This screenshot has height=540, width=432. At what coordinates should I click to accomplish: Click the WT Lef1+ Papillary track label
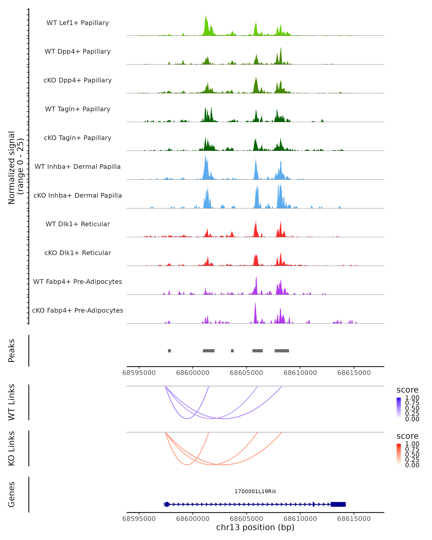click(78, 23)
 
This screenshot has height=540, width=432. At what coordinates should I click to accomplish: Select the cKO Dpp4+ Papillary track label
click(78, 80)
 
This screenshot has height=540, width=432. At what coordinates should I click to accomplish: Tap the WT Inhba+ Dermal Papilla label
click(78, 167)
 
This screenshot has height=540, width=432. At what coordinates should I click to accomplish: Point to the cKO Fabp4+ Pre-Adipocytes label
click(78, 310)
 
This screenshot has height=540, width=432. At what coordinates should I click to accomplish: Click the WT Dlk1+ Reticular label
click(78, 224)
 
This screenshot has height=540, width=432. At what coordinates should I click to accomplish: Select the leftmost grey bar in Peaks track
click(169, 351)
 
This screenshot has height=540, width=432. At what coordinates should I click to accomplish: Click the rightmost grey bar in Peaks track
click(282, 351)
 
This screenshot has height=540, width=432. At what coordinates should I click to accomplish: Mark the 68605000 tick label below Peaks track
click(246, 373)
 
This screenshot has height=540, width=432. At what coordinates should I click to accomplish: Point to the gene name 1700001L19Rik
click(255, 491)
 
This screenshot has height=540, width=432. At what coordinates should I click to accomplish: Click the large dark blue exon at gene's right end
click(338, 504)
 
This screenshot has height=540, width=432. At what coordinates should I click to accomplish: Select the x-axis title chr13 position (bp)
click(255, 527)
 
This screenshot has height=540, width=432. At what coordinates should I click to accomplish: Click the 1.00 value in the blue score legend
click(412, 398)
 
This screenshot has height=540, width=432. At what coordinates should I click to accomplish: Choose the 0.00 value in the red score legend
click(412, 465)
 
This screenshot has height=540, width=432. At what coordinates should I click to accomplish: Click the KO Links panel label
click(12, 448)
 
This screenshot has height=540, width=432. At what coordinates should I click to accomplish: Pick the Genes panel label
click(12, 494)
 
